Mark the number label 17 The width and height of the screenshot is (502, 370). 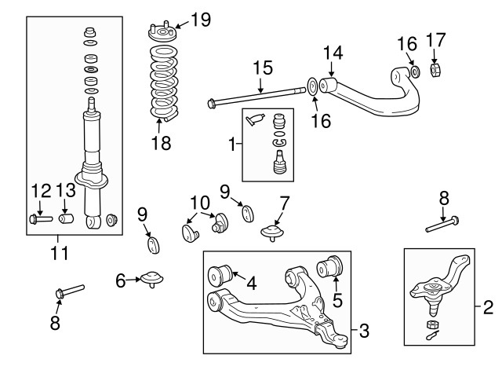pyautogui.click(x=437, y=38)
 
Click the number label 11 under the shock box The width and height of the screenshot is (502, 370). pyautogui.click(x=59, y=253)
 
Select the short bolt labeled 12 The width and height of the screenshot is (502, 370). pyautogui.click(x=39, y=218)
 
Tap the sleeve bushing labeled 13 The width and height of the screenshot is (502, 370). pyautogui.click(x=68, y=217)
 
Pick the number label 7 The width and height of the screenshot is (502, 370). pyautogui.click(x=285, y=202)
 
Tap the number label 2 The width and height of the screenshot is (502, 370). pyautogui.click(x=489, y=306)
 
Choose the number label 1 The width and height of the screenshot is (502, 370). pyautogui.click(x=231, y=145)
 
